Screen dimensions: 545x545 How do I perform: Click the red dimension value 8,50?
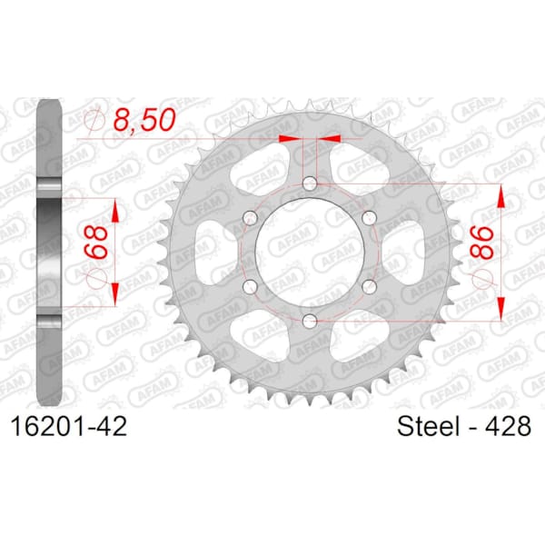(144, 120)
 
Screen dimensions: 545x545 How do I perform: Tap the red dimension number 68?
(95, 243)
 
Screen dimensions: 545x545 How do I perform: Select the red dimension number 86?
(482, 243)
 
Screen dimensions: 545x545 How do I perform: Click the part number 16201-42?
(69, 427)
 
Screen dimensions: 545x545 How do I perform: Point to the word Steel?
(429, 426)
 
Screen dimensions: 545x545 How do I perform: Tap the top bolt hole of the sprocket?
(310, 183)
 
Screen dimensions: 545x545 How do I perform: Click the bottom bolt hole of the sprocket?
(310, 321)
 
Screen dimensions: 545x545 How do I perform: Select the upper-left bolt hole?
(250, 218)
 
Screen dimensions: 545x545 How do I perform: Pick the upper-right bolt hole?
(369, 218)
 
